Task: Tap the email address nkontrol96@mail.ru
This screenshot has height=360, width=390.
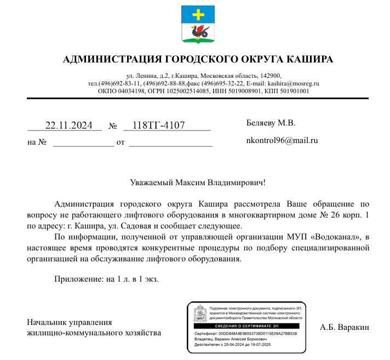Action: (x=283, y=140)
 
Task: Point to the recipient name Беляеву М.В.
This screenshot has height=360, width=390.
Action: (x=271, y=123)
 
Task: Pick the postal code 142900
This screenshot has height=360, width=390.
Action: (x=271, y=76)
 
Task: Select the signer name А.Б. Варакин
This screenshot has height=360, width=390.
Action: (x=345, y=327)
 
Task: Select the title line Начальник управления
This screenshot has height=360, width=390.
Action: (x=70, y=322)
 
